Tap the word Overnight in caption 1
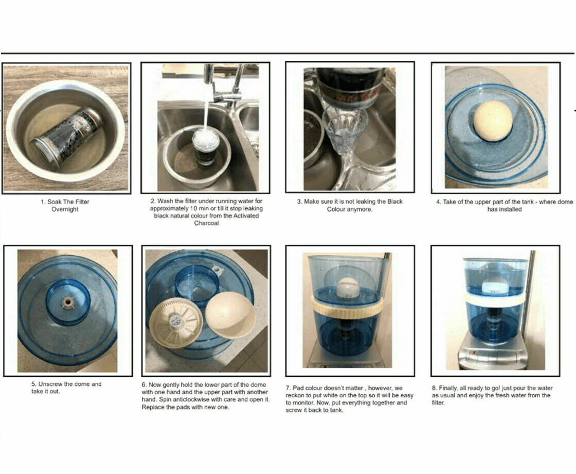65,209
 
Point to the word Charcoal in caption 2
206,224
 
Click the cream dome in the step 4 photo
493,121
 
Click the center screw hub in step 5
67,302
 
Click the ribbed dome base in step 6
175,323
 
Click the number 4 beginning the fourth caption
438,202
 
